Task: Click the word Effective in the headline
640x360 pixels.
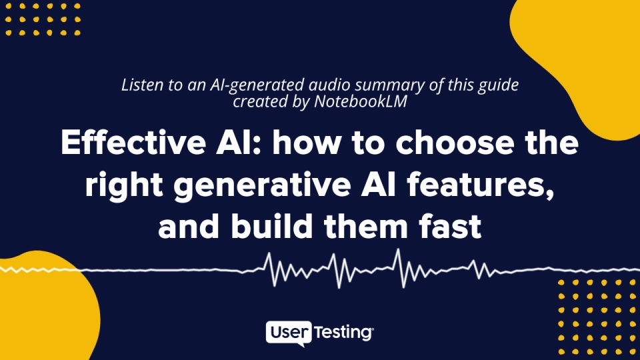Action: pos(133,142)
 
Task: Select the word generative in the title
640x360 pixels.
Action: pos(262,185)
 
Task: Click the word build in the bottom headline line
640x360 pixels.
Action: pos(272,226)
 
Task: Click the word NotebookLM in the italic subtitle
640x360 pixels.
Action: pos(361,101)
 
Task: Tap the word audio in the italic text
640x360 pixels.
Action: pos(329,85)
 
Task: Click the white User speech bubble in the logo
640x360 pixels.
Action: pos(289,333)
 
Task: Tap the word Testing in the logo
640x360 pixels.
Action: pos(343,333)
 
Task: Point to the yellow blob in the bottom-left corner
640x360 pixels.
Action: pos(41,310)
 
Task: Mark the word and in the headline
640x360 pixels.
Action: pos(189,226)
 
